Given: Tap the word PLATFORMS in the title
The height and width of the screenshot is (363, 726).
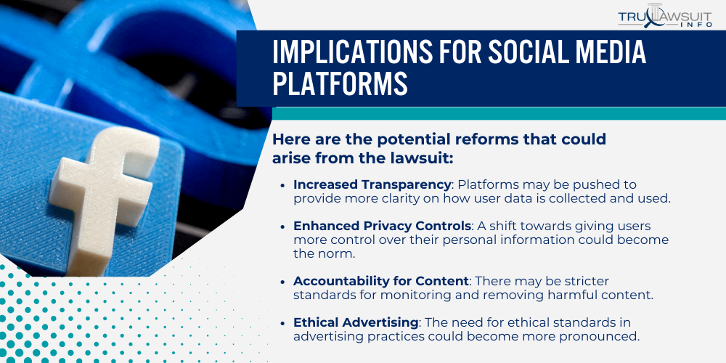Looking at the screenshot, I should click(340, 84).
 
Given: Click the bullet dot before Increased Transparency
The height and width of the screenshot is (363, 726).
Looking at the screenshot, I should click(282, 186).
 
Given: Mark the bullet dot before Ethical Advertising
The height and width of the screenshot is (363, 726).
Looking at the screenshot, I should click(282, 323).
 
